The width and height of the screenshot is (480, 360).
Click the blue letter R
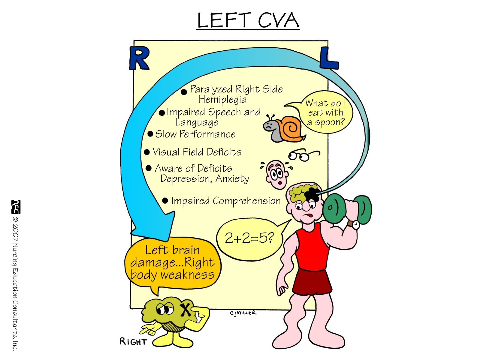(x=139, y=58)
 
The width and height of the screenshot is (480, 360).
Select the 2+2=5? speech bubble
(x=249, y=239)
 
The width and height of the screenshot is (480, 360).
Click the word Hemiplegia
(x=222, y=100)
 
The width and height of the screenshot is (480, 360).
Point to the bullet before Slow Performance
(x=150, y=134)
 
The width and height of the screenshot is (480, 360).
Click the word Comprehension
(x=246, y=201)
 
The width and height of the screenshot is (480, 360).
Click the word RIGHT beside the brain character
(x=133, y=342)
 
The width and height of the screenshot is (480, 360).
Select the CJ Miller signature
(x=243, y=313)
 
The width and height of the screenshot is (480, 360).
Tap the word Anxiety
(x=232, y=179)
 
